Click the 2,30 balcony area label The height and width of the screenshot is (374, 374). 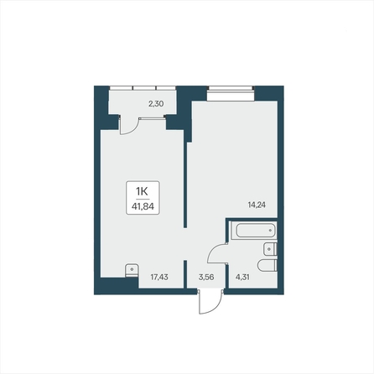click(156, 104)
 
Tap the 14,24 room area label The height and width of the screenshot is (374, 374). click(257, 205)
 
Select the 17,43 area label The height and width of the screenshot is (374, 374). click(159, 277)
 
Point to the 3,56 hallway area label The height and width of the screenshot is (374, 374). click(206, 277)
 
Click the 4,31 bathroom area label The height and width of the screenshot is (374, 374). click(242, 277)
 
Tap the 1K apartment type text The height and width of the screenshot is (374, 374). click(142, 192)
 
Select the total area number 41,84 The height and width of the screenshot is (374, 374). click(143, 206)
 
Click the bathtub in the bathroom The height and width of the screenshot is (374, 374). click(256, 231)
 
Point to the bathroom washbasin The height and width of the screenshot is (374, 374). click(270, 249)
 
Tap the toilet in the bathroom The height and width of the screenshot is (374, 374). click(268, 265)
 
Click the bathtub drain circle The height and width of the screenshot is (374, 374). click(270, 231)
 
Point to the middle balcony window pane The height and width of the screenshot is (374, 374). click(144, 88)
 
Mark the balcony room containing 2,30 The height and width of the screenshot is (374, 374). click(143, 102)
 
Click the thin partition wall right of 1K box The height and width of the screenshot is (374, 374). click(184, 179)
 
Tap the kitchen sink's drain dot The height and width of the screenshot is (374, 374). click(132, 269)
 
